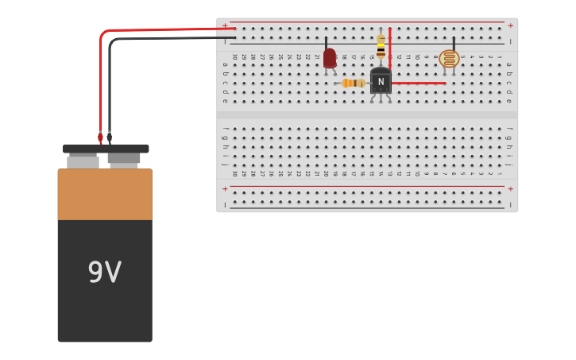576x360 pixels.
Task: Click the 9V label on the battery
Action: (104, 273)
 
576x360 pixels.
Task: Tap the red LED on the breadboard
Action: (329, 58)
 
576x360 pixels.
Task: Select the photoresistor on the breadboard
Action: (449, 58)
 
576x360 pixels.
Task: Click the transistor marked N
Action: (381, 80)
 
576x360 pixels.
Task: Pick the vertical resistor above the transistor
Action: (381, 46)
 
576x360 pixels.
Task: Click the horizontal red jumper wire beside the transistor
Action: (418, 83)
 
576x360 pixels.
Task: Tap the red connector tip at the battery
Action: (100, 137)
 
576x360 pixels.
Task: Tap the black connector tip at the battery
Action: (110, 137)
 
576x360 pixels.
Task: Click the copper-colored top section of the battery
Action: (104, 194)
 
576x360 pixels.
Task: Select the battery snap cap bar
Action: (105, 149)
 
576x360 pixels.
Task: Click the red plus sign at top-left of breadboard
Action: (225, 25)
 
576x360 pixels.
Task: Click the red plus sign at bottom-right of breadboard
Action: (510, 189)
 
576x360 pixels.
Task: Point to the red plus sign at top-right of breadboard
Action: (510, 25)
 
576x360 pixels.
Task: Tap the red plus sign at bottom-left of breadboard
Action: (225, 189)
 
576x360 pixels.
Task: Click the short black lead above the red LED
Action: (326, 41)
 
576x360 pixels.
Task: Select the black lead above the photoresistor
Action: (454, 42)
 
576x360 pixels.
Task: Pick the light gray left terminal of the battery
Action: (83, 161)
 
